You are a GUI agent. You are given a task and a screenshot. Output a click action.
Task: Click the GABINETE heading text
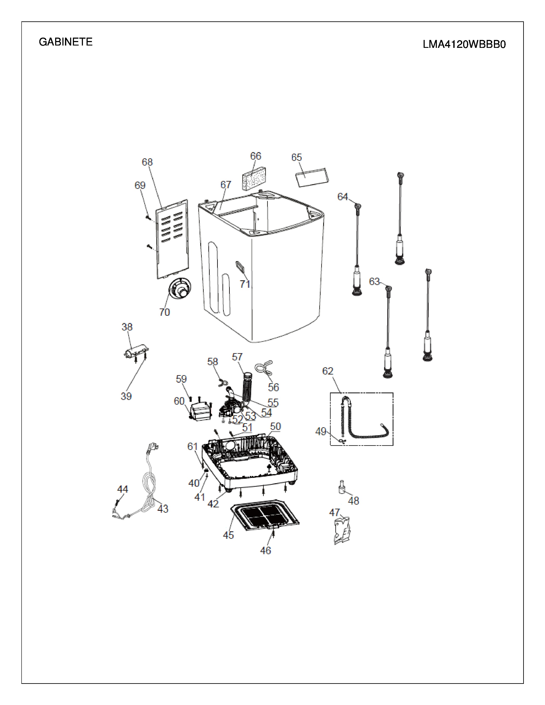[66, 42]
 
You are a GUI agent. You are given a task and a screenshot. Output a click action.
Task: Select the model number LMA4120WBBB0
[464, 44]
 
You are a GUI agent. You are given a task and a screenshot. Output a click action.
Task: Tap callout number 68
[147, 162]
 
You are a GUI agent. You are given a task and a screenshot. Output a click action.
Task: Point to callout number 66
[256, 156]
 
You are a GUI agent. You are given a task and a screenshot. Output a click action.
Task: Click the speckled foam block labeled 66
[254, 179]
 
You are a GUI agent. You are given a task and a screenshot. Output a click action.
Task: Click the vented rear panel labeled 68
[172, 239]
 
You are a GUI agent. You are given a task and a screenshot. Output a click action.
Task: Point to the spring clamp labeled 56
[264, 367]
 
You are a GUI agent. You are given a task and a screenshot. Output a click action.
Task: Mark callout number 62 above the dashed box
[328, 371]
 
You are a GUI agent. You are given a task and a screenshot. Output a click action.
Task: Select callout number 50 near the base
[275, 426]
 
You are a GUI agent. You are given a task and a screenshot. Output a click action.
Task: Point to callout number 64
[343, 197]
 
